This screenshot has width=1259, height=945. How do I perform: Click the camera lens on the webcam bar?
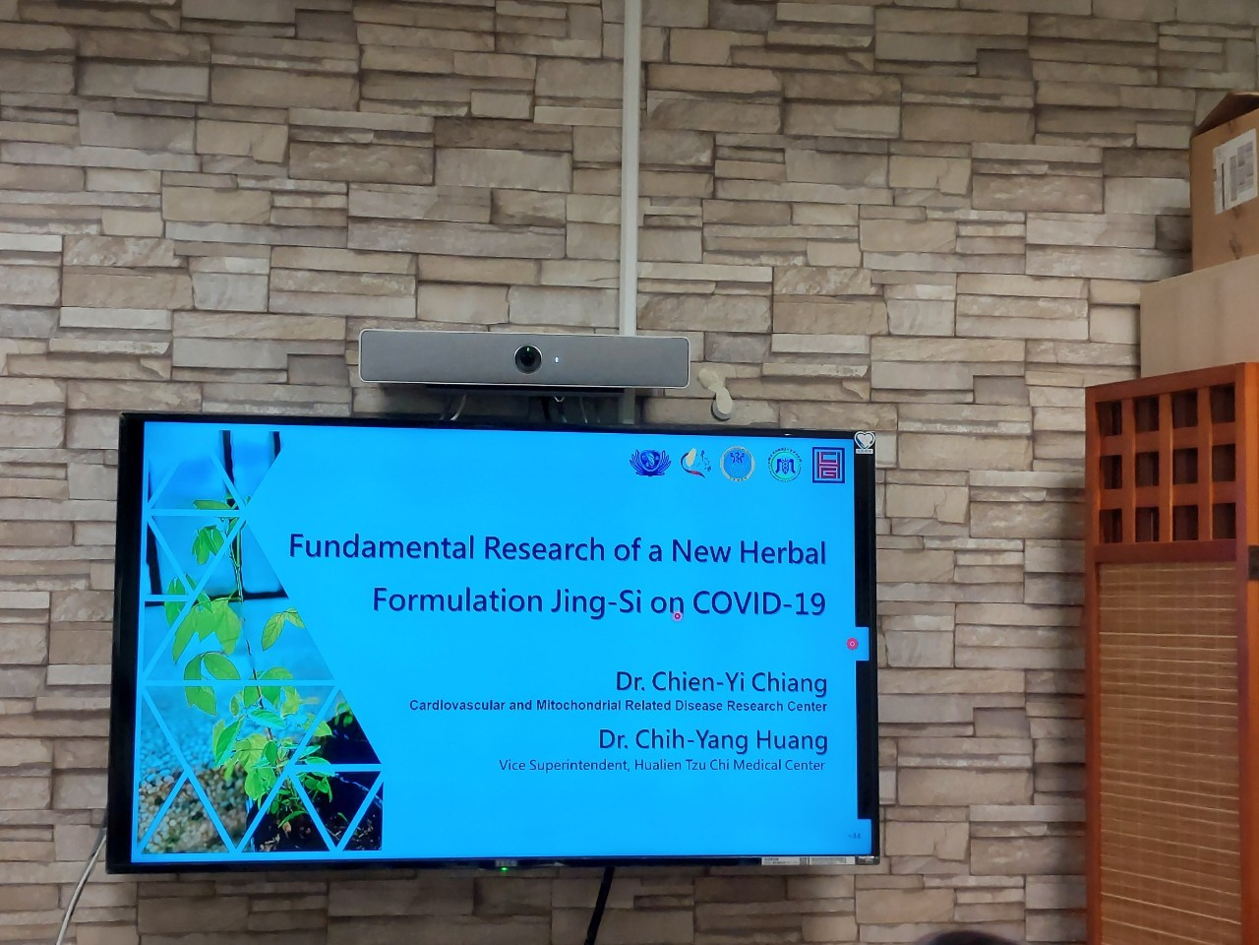[x=528, y=358]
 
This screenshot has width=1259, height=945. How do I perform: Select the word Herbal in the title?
[x=786, y=552]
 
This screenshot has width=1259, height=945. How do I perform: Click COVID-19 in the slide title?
[x=758, y=602]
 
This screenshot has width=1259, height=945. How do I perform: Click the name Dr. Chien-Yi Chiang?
[x=721, y=682]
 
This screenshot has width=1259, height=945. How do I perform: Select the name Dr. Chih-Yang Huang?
[x=713, y=740]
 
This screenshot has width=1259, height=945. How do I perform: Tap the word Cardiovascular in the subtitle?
[x=457, y=706]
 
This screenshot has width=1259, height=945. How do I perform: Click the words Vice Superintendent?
[x=563, y=765]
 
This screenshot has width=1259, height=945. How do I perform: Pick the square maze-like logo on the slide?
[x=828, y=465]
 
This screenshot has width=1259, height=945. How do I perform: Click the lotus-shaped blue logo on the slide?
[x=646, y=462]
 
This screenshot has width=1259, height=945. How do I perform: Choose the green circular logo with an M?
[x=784, y=465]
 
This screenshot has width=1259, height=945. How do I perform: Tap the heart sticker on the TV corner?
[x=864, y=442]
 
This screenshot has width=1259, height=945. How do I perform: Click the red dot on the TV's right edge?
[x=852, y=644]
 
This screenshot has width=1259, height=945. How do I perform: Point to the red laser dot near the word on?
[x=677, y=616]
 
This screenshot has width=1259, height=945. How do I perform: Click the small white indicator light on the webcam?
[x=556, y=359]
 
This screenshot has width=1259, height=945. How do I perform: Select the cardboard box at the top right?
[x=1225, y=182]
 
